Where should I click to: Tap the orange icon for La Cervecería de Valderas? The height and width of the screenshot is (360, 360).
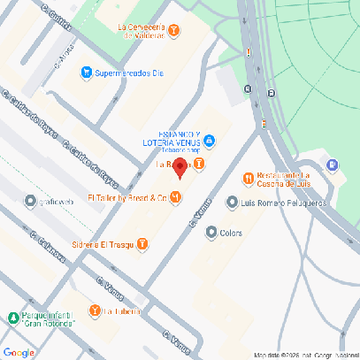point(174,30)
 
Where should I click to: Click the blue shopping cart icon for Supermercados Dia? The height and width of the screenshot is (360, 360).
point(86,72)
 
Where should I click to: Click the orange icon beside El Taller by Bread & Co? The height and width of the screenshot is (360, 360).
point(176,197)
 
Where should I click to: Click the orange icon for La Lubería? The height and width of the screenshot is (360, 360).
point(95,310)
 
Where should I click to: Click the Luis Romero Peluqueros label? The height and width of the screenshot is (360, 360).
point(284,203)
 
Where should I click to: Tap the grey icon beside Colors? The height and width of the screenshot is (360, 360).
point(211,233)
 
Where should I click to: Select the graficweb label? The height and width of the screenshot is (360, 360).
point(53,200)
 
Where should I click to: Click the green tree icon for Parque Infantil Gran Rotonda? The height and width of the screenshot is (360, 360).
point(11,318)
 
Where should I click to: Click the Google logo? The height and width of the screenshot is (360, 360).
point(19,352)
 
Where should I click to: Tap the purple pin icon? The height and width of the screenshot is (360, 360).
point(332,165)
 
